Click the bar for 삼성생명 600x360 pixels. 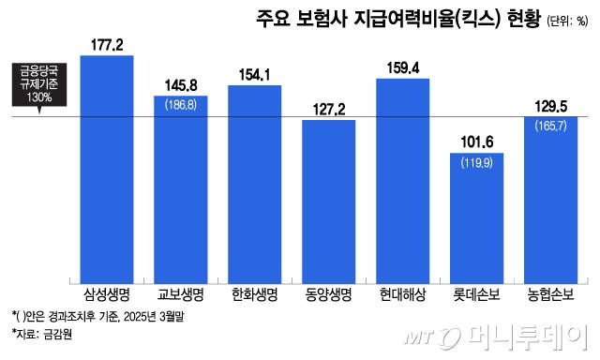[x=107, y=169]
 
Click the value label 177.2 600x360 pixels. [x=107, y=45]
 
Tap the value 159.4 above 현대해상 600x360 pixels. [x=403, y=67]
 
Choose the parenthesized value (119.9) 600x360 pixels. [x=477, y=164]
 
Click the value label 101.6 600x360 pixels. [x=477, y=142]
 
